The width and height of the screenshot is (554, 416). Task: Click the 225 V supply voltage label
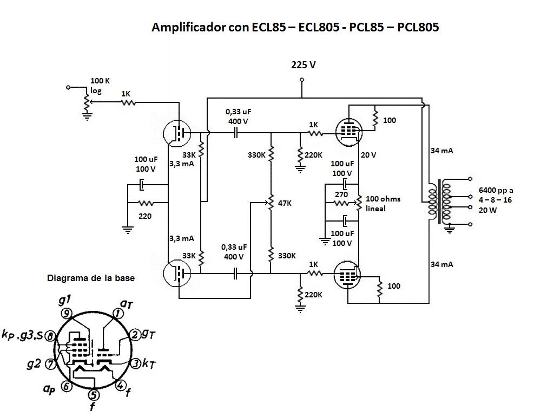click(x=303, y=65)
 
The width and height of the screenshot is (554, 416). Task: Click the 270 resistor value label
click(x=341, y=194)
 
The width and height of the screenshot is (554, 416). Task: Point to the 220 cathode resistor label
click(x=144, y=216)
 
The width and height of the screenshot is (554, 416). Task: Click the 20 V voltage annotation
click(x=368, y=155)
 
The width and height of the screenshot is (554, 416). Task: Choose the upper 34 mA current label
click(x=441, y=151)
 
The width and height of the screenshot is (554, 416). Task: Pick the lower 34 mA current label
click(x=441, y=264)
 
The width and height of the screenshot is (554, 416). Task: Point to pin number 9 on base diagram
click(x=67, y=313)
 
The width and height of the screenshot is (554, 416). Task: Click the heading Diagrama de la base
click(x=91, y=278)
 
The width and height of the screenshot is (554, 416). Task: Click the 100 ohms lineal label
click(x=383, y=203)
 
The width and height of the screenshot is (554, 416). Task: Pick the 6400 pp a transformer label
click(x=496, y=191)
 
